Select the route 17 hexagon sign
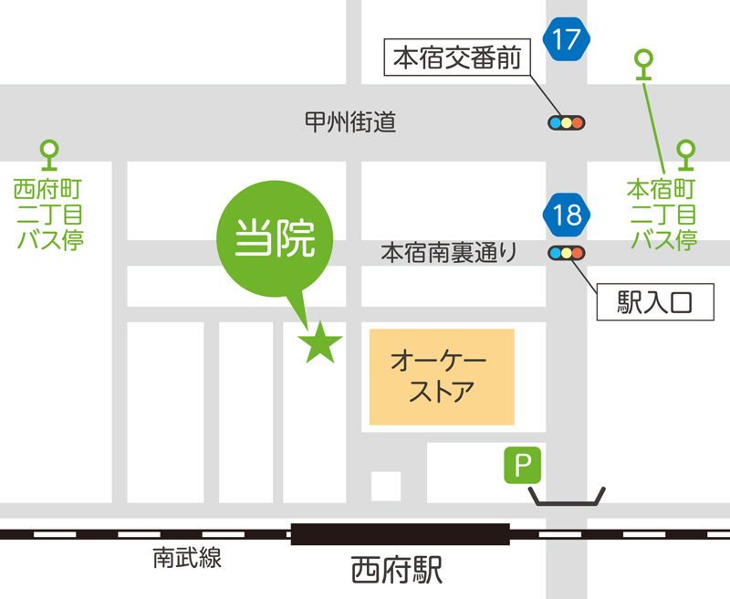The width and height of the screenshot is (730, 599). pos(566,39)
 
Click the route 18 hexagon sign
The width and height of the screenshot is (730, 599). pos(566,215)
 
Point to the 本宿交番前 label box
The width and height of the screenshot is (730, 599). pos(456,59)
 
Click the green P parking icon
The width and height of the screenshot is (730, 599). pos(524,466)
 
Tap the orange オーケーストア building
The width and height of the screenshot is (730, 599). pos(442,377)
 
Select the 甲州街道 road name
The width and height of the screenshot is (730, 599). pos(350,121)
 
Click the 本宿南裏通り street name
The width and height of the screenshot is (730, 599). pos(448,252)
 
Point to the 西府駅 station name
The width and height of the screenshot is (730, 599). pos(397,572)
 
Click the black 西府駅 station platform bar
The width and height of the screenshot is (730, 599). pos(400,533)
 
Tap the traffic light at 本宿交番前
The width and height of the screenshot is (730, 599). pos(566,121)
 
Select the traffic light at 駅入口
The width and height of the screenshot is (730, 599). pos(566,253)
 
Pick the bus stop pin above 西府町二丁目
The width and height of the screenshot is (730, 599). pos(48,152)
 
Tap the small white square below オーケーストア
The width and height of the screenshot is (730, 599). pos(386,485)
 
